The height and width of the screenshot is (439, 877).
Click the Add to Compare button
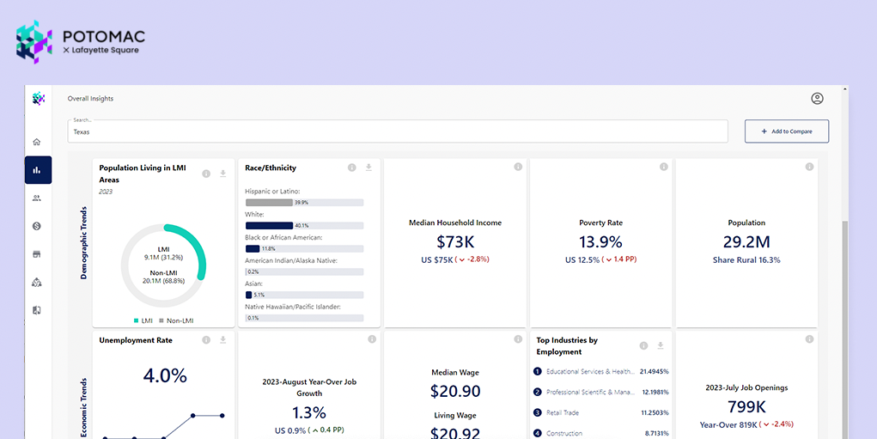786,131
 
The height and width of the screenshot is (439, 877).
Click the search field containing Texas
397,131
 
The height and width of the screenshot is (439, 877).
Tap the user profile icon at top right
817,99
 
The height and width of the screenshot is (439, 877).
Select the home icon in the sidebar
37,142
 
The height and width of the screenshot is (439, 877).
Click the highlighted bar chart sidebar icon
37,170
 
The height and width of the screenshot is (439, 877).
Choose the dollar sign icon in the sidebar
37,226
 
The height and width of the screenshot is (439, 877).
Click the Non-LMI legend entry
175,320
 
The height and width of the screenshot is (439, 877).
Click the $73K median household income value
454,242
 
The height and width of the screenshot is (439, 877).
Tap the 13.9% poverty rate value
600,242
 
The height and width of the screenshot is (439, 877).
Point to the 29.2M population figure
746,242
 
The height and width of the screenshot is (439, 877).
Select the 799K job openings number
746,406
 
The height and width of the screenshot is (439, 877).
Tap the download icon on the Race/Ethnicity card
368,168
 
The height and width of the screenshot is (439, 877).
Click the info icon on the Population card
809,168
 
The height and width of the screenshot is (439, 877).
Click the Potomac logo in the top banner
80,42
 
